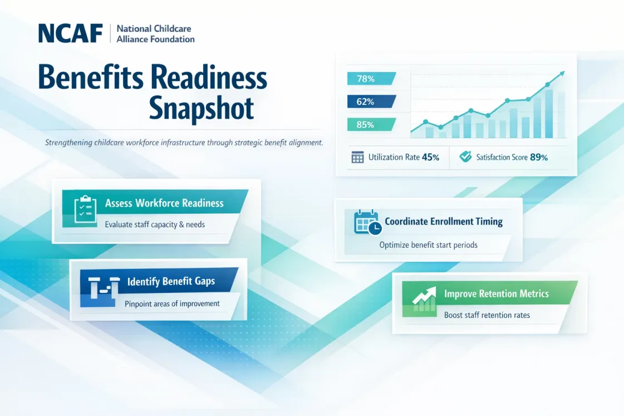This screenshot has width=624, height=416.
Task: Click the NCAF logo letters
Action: pos(71,33)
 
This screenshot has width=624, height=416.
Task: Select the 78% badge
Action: pos(371,79)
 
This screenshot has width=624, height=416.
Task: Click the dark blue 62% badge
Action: pos(371,101)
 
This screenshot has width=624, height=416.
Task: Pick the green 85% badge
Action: pos(371,125)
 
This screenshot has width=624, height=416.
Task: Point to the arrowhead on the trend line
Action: pos(562,74)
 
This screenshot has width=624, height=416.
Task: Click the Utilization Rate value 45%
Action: pos(430,157)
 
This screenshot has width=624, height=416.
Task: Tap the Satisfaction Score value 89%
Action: pos(539,157)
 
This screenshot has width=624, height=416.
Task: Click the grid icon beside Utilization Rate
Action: pos(357,157)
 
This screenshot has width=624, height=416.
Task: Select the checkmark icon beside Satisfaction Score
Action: pos(465,156)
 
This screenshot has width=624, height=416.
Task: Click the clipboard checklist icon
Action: pos(85,209)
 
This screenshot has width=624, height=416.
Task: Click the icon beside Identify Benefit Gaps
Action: pos(104,287)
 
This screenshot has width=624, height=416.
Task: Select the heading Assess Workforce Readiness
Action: pos(164,203)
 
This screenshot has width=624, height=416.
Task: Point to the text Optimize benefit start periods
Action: pos(428,245)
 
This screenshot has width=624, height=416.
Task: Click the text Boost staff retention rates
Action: pos(487,315)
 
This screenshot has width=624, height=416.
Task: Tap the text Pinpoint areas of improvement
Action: pos(172,304)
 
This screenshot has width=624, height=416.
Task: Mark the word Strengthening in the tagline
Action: pos(68,143)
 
